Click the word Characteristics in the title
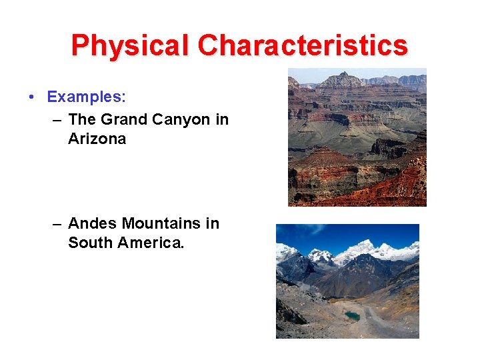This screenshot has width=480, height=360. pos(303,46)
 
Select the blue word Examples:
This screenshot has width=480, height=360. pos(86,97)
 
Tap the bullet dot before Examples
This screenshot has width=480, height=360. pos(32,97)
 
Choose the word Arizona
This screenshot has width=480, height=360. pos(97,139)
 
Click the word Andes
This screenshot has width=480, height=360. pos(93,223)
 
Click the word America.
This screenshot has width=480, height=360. pos(150,243)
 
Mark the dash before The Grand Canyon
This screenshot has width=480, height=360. pos(57,120)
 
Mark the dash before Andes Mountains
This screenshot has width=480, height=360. pos(57,224)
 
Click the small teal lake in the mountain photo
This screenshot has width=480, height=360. pos(352,316)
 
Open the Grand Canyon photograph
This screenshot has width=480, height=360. pos(357,137)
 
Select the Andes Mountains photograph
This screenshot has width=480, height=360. pos(347,281)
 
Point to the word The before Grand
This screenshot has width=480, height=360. pos(82,119)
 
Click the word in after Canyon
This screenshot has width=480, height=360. pos(222,119)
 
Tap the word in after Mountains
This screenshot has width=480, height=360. pos(212,223)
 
